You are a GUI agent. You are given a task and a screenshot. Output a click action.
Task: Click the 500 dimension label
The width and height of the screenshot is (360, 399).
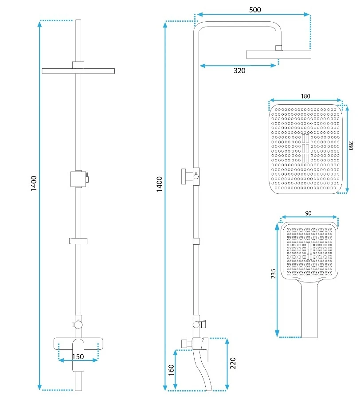tap(255, 9)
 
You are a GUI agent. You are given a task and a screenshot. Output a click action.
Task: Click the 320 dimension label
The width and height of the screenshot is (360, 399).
tap(239, 70)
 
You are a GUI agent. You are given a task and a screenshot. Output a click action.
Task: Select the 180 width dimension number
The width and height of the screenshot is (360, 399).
tap(305, 96)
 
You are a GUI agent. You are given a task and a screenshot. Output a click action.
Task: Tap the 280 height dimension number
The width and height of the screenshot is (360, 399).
tap(351, 147)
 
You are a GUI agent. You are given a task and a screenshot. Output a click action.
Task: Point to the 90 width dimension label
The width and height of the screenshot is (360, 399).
tap(309, 213)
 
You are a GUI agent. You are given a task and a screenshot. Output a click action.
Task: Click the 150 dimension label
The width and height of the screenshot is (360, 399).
tap(78, 357)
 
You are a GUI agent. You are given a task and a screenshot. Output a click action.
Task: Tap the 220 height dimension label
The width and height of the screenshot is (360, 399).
tap(233, 364)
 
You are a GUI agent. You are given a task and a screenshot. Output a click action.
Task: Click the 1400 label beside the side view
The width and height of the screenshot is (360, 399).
tap(159, 184)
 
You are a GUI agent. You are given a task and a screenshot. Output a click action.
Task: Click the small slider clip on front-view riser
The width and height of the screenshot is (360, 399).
tap(78, 241)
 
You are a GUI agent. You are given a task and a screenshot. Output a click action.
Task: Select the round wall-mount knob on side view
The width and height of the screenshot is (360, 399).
tap(184, 174)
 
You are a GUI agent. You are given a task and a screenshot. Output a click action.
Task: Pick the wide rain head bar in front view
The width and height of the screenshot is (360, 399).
tap(78, 71)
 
